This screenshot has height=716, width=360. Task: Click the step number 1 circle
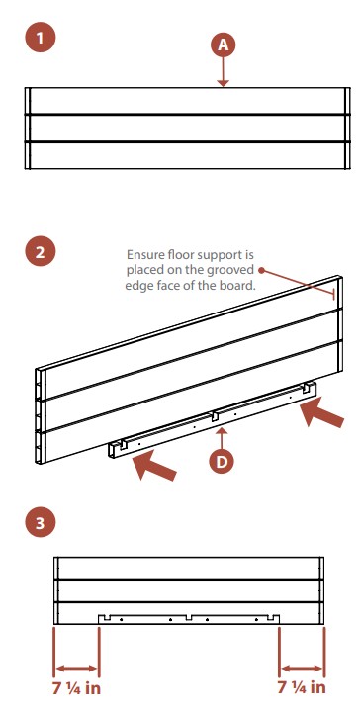point(41,38)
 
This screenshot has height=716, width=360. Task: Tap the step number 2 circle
point(41,252)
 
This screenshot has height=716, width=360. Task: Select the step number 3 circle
point(41,522)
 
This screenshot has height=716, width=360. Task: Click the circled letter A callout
point(223,45)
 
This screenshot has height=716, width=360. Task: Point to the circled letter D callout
point(222,462)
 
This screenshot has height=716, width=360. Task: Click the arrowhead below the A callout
point(223,83)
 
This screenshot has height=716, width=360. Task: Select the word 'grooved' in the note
point(232,270)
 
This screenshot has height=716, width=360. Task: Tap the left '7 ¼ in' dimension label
point(76,687)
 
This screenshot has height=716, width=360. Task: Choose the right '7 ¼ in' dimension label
point(302,686)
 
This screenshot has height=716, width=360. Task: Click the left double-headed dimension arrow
point(76,669)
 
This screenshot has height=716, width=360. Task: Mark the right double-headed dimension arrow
point(302,669)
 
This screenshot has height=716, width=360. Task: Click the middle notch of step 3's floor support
point(189,617)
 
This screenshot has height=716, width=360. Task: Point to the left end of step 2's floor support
point(112,449)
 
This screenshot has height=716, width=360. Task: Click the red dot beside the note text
point(261,270)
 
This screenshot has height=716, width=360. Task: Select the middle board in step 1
point(187,129)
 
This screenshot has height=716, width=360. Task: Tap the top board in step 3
point(189,568)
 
